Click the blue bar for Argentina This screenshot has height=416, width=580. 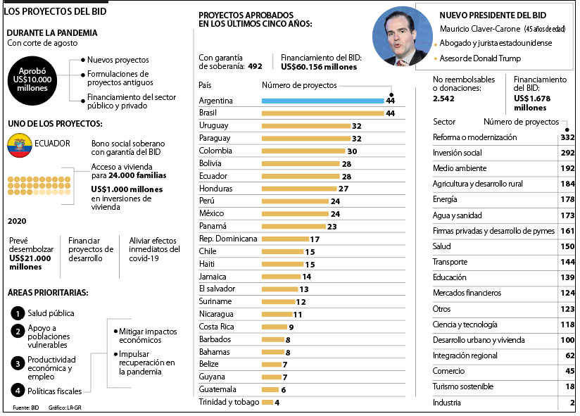coord(322,101)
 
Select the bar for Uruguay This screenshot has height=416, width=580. coord(306,126)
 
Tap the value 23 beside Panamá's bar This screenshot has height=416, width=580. coord(332,227)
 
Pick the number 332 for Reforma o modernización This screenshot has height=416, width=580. coord(568,137)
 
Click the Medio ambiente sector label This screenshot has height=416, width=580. coord(459,168)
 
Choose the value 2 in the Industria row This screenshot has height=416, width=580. coord(572,403)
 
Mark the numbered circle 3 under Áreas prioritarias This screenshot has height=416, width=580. coord(18,363)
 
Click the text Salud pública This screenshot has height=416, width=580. coord(51,313)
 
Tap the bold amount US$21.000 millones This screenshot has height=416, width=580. coord(30,263)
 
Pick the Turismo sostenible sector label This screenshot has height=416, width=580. coord(462,386)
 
